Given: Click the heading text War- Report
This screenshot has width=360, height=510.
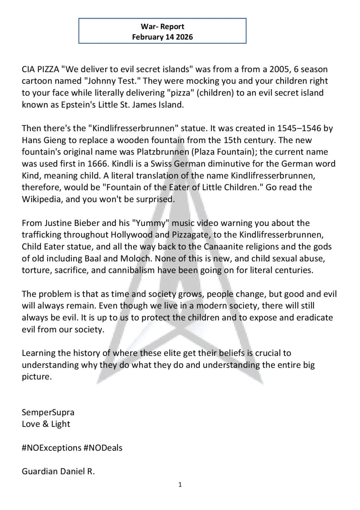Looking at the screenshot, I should (162, 27).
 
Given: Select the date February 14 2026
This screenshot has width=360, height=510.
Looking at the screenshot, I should (162, 37).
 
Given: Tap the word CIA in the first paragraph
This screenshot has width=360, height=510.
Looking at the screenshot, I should (29, 69).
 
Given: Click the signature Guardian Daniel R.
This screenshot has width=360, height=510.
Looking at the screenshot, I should (58, 471).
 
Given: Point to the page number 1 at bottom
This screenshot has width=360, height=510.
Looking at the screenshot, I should (180, 484).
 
